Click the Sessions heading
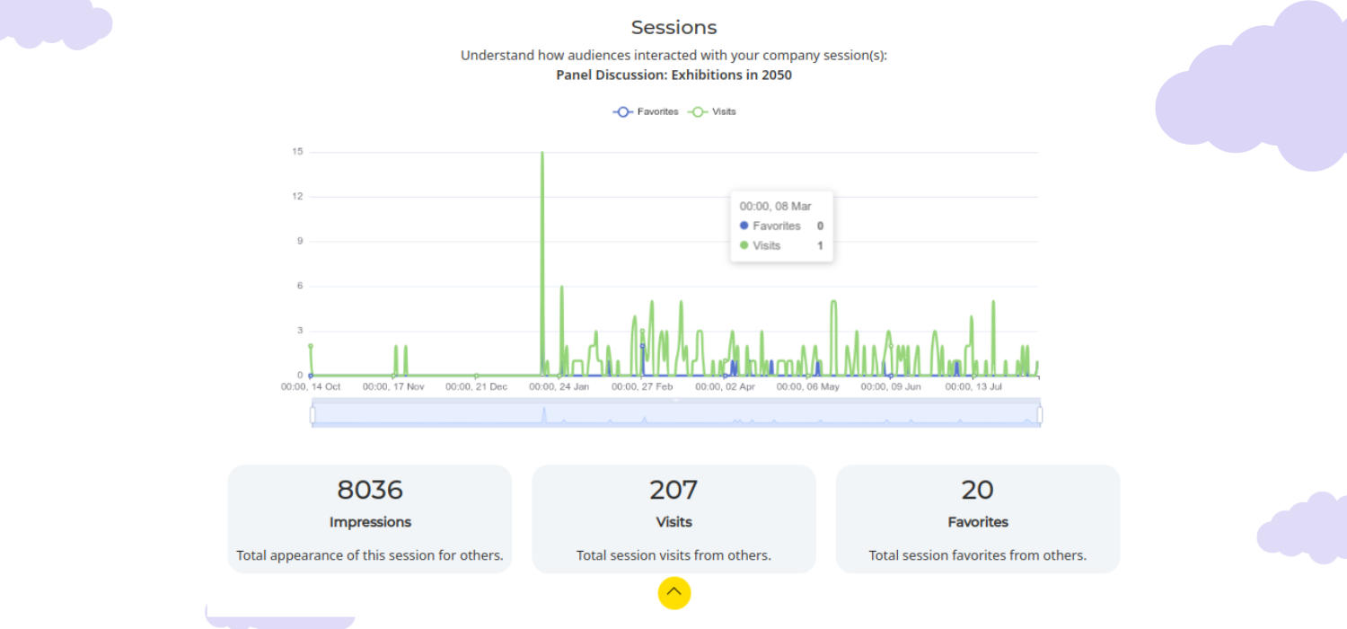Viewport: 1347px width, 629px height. (673, 27)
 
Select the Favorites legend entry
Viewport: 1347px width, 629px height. (647, 111)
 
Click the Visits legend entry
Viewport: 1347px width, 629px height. (713, 111)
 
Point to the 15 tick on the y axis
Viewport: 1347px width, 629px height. (297, 152)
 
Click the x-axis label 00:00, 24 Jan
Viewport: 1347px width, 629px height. (559, 386)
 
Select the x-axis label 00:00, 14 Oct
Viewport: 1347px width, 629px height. (311, 386)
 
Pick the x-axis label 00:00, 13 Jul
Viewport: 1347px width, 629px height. (974, 386)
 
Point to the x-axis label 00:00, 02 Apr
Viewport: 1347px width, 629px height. (726, 386)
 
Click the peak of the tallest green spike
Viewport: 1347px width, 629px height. (542, 153)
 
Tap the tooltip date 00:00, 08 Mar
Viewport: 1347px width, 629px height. (775, 207)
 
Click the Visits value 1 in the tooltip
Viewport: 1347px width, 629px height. (820, 245)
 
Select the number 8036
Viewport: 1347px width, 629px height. (370, 490)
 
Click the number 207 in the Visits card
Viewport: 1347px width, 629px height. (673, 490)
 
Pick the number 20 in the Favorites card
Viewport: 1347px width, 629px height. (977, 490)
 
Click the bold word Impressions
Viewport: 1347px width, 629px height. (370, 522)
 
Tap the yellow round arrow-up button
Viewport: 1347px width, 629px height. (673, 593)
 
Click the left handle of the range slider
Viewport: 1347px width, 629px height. (313, 414)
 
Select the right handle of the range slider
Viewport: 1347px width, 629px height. (1040, 414)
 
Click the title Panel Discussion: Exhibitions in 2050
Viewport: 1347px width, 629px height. (673, 75)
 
